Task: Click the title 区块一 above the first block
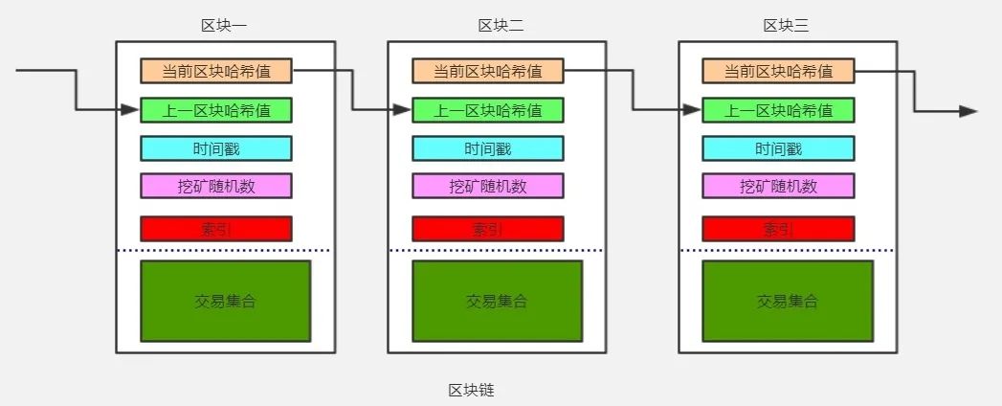pos(225,26)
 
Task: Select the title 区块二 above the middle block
pos(501,26)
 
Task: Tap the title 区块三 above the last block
pos(786,26)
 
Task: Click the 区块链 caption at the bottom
pos(471,390)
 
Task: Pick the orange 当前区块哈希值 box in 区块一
pos(216,71)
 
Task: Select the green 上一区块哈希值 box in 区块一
pos(216,110)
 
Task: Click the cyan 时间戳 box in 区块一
pos(216,148)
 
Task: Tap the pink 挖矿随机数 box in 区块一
pos(216,186)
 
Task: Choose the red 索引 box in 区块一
pos(216,229)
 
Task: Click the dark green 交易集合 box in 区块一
pos(225,301)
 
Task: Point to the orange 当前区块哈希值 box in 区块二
pos(488,71)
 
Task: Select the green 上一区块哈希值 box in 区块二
pos(488,110)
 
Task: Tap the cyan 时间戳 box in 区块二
pos(488,148)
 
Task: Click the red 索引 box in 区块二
pos(488,229)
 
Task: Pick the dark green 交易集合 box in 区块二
pos(497,301)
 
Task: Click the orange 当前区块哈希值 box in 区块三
pos(778,71)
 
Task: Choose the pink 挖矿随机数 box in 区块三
pos(778,186)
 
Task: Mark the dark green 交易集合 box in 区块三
pos(788,301)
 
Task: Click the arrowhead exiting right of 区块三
pos(969,111)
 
